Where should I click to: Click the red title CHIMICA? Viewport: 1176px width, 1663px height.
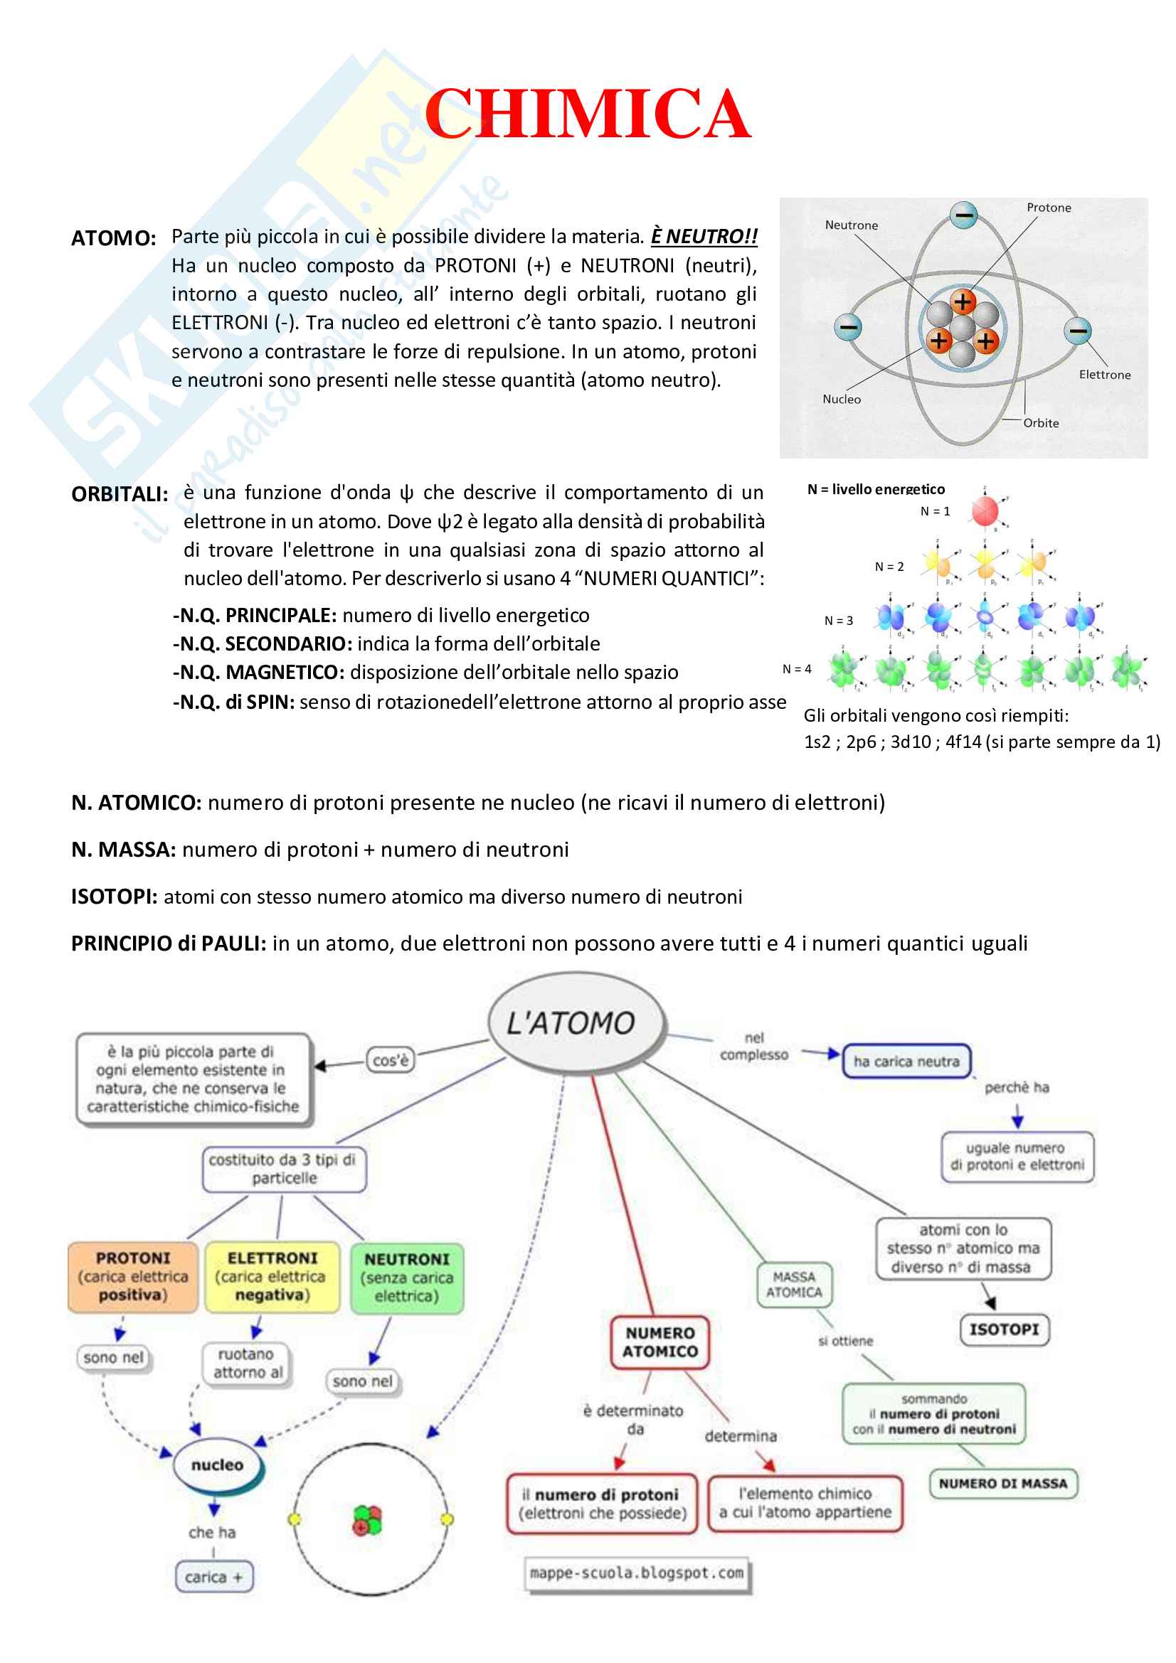(x=587, y=114)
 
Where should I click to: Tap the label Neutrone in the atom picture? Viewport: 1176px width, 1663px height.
(x=851, y=225)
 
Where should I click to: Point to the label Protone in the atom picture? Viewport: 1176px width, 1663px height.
(x=1048, y=208)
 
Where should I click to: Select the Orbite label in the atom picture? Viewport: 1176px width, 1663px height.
(x=1041, y=423)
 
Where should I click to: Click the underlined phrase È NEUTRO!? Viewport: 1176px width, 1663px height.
(x=703, y=237)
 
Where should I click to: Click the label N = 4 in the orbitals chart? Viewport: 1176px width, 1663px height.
(x=796, y=669)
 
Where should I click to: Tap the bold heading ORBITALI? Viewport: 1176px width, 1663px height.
(x=120, y=494)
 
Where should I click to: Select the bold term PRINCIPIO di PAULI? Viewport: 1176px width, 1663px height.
(x=169, y=943)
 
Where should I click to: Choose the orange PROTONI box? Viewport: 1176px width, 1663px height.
(x=132, y=1276)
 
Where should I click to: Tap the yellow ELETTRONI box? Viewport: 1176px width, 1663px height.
(x=272, y=1276)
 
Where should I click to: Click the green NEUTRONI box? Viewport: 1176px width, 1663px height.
(x=406, y=1278)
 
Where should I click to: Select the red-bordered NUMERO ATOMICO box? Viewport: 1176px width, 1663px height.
(x=659, y=1342)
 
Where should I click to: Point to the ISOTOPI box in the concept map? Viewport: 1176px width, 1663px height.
(x=1004, y=1329)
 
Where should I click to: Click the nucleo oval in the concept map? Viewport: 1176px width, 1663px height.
(x=218, y=1465)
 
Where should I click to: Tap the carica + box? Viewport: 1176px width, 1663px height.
(x=213, y=1577)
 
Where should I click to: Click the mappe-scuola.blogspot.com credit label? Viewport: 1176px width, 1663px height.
(x=636, y=1573)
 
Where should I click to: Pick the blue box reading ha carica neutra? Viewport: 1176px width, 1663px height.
(x=906, y=1061)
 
